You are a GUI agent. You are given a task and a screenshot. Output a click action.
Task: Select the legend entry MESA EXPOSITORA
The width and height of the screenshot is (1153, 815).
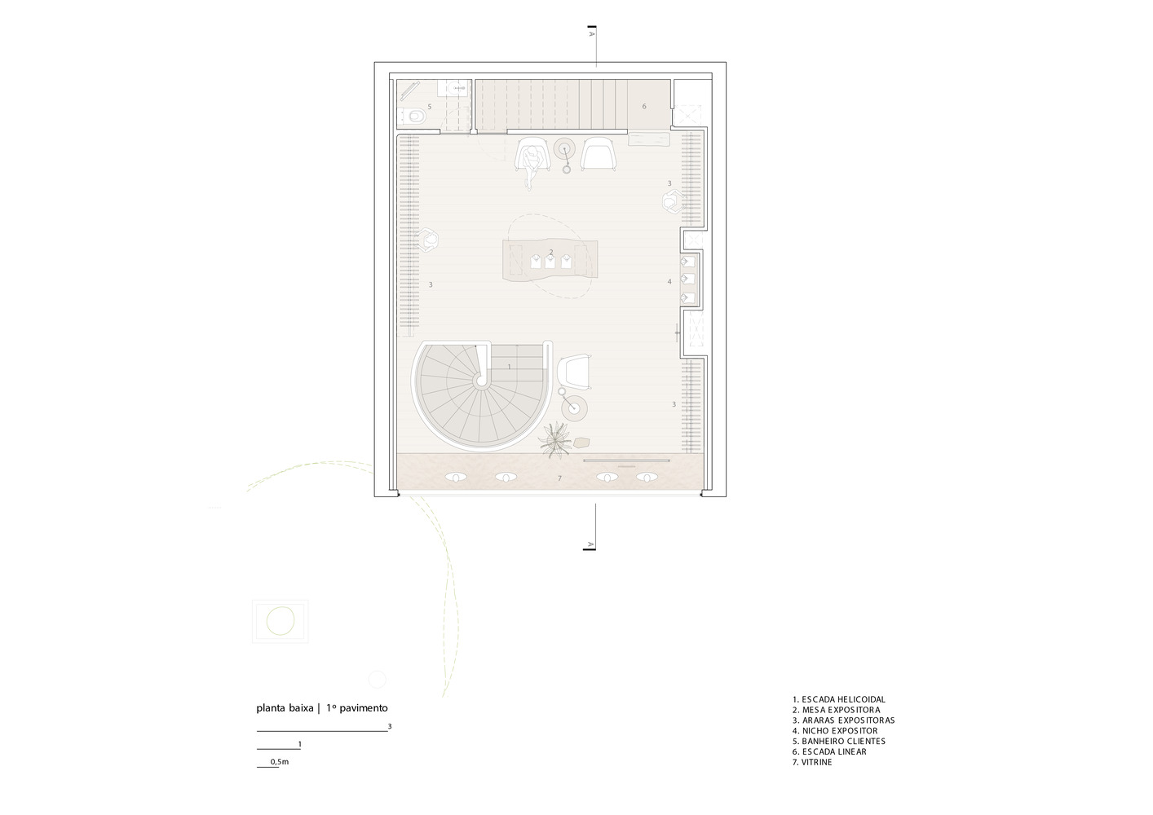837,710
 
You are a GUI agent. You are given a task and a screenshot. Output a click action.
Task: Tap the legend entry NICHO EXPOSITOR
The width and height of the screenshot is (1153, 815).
835,730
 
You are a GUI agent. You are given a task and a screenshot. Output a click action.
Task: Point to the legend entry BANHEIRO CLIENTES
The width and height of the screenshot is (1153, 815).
839,742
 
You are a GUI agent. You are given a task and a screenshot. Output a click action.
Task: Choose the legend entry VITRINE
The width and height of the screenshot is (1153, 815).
812,762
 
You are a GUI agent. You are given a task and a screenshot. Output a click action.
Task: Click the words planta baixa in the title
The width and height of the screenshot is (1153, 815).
285,708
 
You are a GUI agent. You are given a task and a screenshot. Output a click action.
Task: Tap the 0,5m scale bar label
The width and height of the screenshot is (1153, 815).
280,761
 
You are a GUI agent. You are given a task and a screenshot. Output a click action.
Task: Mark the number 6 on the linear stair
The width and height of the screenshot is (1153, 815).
644,107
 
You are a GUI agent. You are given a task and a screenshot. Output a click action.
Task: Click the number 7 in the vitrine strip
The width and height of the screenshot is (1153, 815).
560,478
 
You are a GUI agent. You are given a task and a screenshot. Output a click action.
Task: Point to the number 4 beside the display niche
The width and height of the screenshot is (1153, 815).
669,281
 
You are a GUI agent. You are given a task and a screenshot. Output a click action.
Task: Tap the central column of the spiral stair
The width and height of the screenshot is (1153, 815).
482,381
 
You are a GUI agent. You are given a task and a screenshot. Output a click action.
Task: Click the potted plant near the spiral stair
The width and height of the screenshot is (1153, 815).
554,440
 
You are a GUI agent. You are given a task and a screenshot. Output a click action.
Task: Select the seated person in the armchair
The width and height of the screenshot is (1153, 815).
532,162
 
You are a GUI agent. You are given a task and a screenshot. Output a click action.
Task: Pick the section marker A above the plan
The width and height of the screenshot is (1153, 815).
592,34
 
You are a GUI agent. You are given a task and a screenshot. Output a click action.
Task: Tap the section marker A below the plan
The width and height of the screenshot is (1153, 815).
590,544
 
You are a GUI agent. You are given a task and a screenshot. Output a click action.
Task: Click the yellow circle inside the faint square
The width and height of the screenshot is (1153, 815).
281,620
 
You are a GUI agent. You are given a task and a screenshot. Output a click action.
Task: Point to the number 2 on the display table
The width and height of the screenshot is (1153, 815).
551,252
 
